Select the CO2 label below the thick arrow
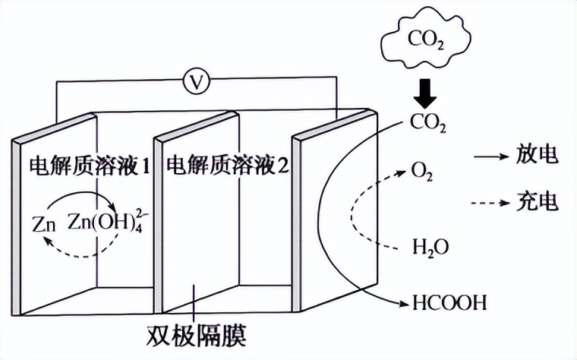point(427,122)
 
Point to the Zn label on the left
point(44,224)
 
